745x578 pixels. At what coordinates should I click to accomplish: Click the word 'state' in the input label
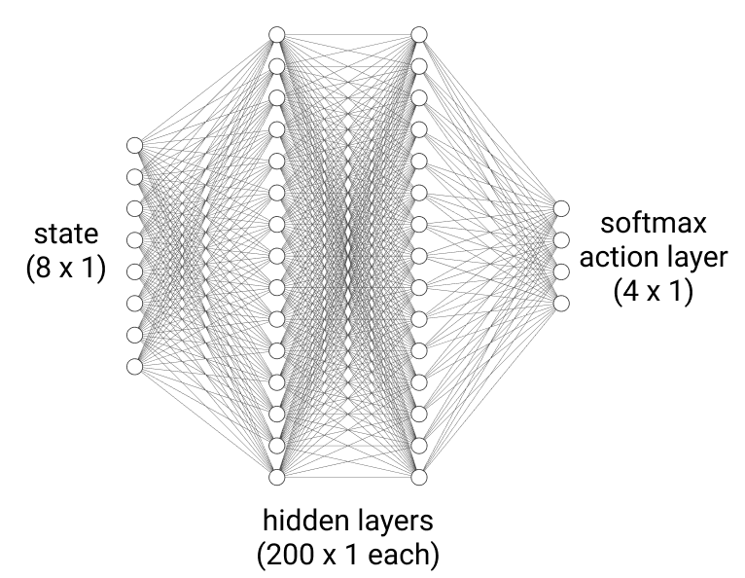(x=65, y=234)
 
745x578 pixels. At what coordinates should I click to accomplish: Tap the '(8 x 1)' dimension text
(x=65, y=267)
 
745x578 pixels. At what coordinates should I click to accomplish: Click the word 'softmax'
(x=653, y=225)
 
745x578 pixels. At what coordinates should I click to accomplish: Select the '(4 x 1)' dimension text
(x=653, y=291)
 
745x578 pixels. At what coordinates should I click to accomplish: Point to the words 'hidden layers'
(x=346, y=520)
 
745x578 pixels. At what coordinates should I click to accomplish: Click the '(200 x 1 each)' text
(x=347, y=555)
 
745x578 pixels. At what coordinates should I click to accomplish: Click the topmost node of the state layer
(x=134, y=145)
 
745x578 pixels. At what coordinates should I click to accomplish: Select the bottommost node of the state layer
(x=134, y=366)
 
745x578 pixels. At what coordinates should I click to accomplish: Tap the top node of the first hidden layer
(x=276, y=35)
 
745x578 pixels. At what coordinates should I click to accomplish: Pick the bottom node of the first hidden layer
(x=276, y=477)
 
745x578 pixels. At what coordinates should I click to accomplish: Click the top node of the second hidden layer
(x=419, y=35)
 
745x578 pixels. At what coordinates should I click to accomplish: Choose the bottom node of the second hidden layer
(x=419, y=477)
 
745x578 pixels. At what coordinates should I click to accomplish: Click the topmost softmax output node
(x=561, y=208)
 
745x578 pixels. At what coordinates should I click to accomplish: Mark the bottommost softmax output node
(x=561, y=303)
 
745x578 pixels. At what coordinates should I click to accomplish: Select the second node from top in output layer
(x=561, y=239)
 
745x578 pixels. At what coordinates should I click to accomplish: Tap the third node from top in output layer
(x=561, y=271)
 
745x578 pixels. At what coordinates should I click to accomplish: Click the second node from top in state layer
(x=134, y=176)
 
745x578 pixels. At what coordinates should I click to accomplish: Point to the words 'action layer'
(x=653, y=258)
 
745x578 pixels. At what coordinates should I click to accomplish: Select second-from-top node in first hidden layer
(x=276, y=66)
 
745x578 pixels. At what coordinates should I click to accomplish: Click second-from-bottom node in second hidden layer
(x=419, y=446)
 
